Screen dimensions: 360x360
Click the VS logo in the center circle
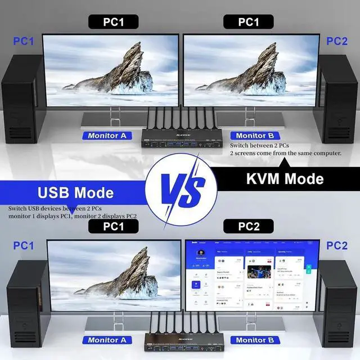(180, 187)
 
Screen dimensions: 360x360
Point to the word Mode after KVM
(306, 179)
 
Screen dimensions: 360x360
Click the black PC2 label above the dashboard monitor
(248, 227)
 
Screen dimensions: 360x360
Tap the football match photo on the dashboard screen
(259, 272)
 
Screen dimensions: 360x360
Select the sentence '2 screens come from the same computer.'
(294, 153)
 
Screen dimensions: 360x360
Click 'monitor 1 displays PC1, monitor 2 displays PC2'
(73, 216)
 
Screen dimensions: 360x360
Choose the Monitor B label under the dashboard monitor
(255, 340)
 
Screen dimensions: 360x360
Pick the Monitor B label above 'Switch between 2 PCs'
(255, 136)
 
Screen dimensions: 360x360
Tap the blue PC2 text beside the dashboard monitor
(337, 246)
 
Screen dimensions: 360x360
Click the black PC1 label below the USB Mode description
(113, 227)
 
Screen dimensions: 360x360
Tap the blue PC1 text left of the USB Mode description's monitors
(23, 246)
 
